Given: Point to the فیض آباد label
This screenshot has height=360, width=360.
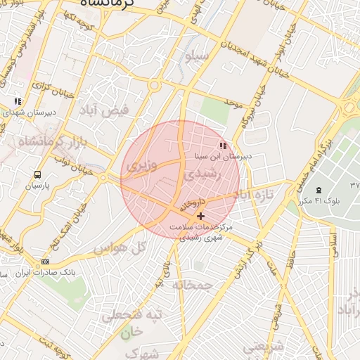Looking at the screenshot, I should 115,110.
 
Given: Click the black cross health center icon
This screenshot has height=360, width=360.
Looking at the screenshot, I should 201,216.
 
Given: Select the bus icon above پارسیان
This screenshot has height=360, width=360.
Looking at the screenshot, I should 37,174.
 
